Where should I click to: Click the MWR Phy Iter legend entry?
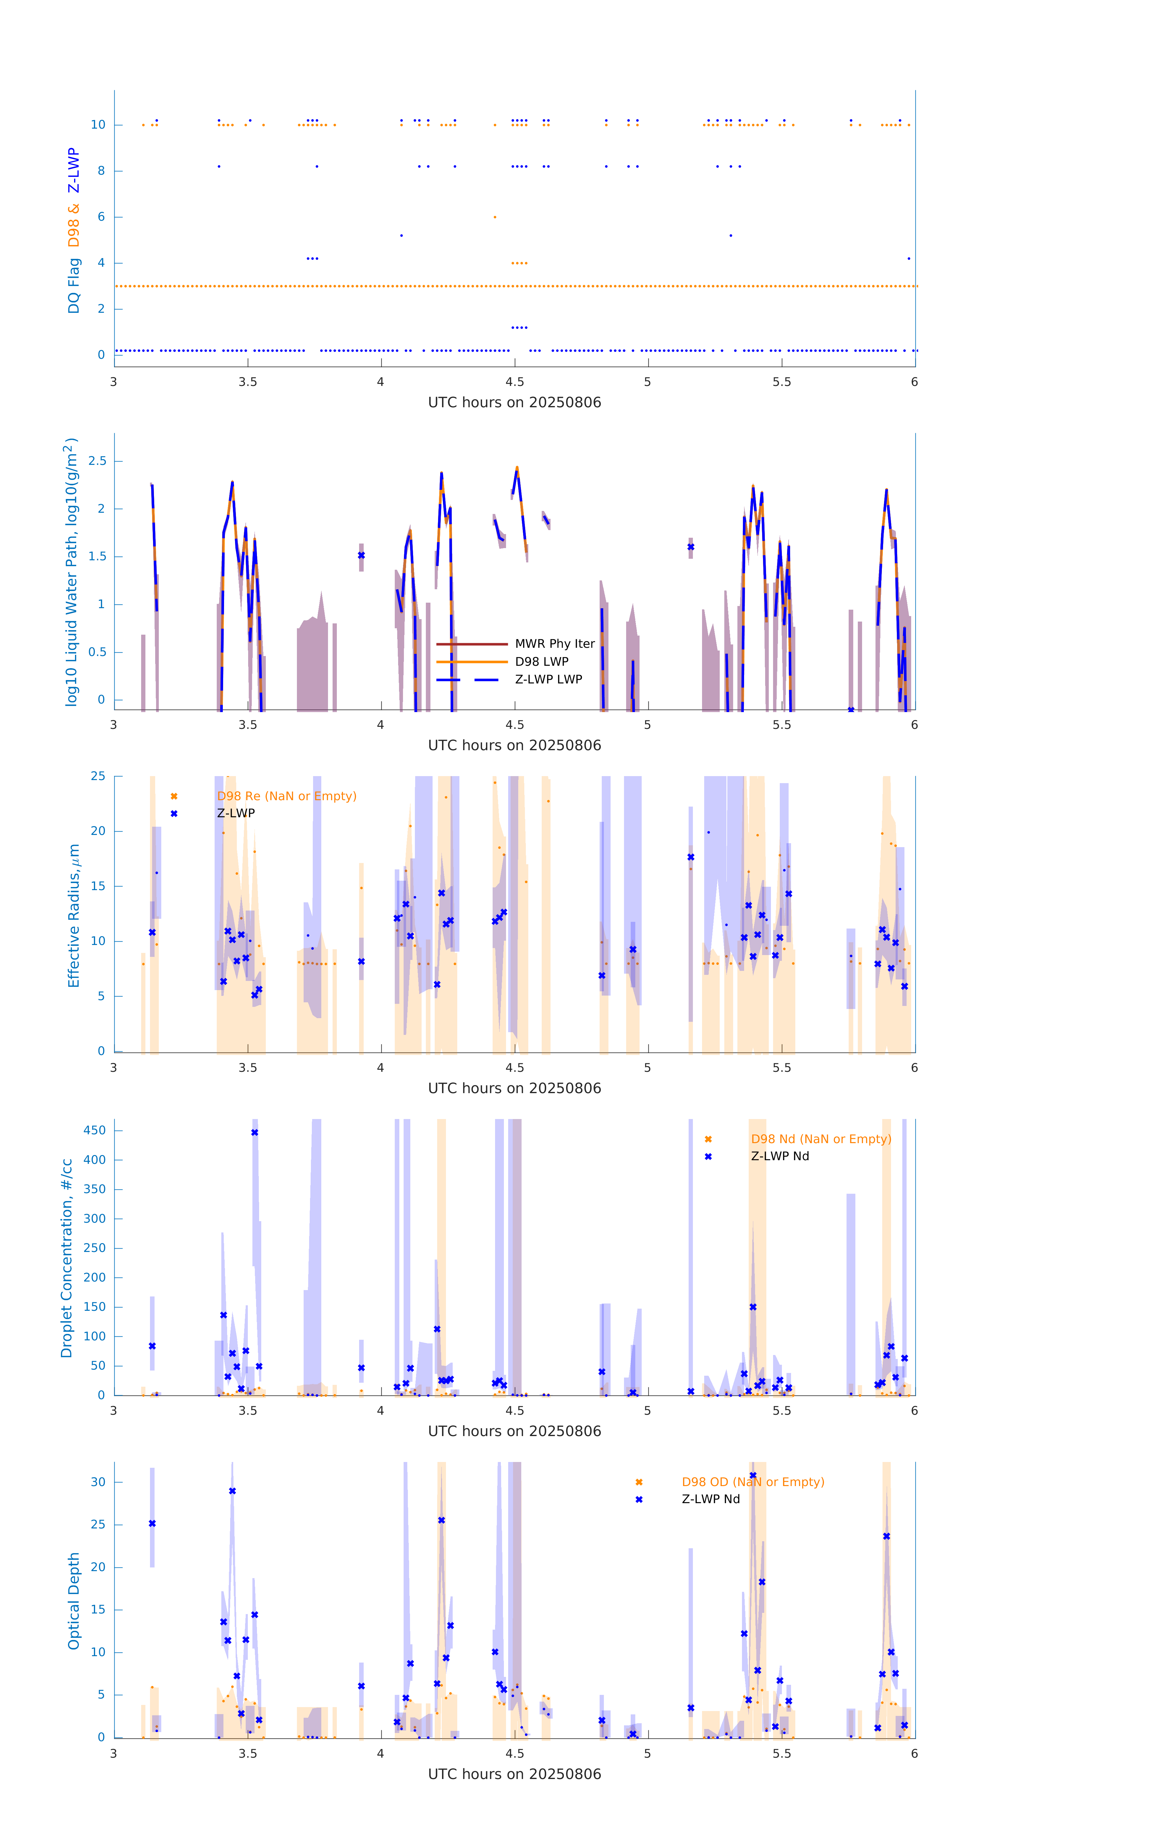pyautogui.click(x=554, y=643)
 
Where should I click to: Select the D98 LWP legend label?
pyautogui.click(x=542, y=661)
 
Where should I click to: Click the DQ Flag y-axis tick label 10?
pyautogui.click(x=98, y=125)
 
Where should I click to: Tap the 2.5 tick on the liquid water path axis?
pyautogui.click(x=97, y=461)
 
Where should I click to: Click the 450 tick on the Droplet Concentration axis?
pyautogui.click(x=95, y=1130)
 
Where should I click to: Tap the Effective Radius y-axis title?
pyautogui.click(x=74, y=915)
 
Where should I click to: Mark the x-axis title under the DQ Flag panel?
pyautogui.click(x=514, y=403)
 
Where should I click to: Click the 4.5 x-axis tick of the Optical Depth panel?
pyautogui.click(x=514, y=1754)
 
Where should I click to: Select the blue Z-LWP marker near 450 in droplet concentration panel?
pyautogui.click(x=255, y=1132)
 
